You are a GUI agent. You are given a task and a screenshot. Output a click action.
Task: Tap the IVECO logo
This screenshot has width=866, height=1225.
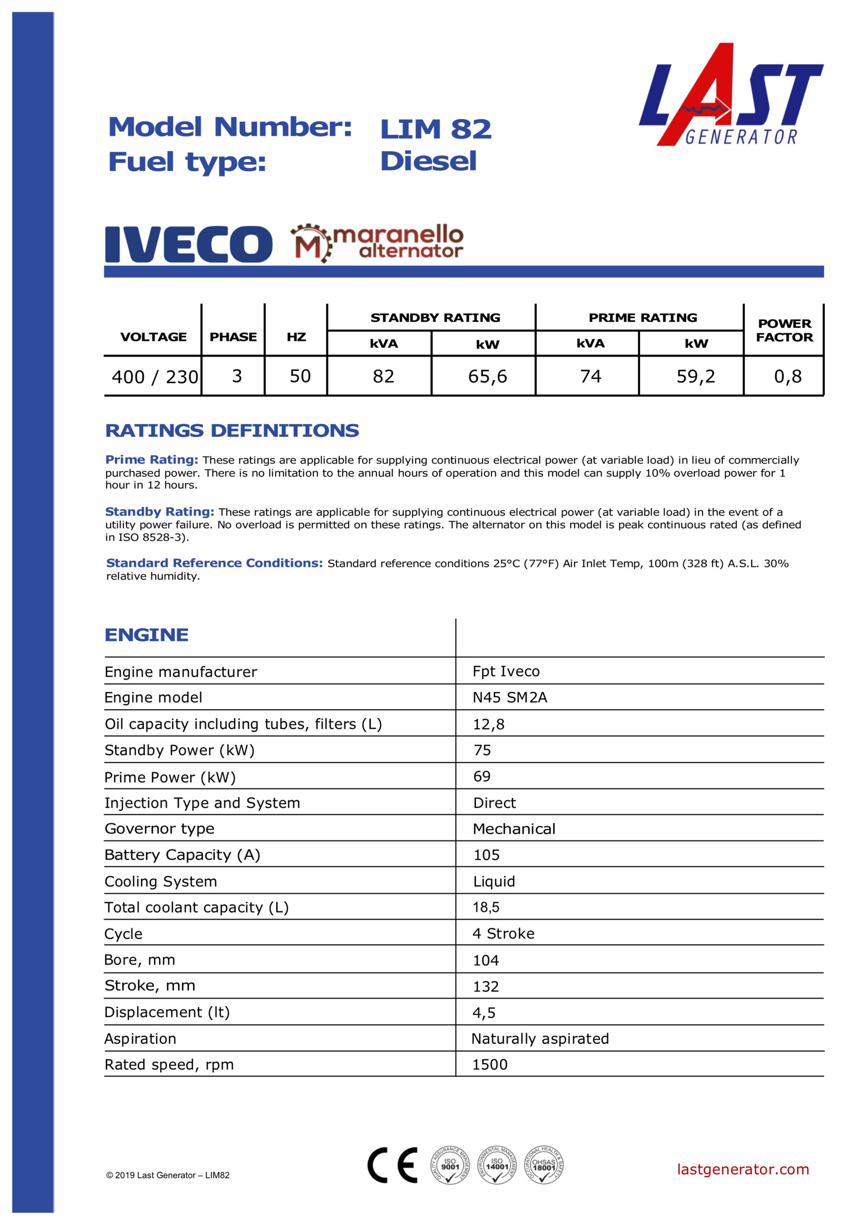point(189,244)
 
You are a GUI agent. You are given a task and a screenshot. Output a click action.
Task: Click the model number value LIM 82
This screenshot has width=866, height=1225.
point(435,129)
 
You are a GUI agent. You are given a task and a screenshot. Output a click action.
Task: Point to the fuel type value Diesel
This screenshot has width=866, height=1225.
point(428,161)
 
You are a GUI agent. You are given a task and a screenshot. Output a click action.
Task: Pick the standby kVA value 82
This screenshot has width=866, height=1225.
point(383,377)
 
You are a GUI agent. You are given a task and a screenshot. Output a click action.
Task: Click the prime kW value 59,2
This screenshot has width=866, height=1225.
point(695,377)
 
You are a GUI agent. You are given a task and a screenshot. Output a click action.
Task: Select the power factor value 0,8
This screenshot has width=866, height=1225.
point(788,377)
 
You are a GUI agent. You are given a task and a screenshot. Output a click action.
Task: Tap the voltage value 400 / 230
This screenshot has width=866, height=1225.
point(154,377)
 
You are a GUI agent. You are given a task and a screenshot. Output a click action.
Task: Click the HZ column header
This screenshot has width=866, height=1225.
point(296,337)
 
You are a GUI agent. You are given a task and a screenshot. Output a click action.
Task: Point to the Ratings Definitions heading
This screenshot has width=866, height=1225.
point(232,431)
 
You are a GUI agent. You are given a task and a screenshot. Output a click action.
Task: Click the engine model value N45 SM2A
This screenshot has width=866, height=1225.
point(510,697)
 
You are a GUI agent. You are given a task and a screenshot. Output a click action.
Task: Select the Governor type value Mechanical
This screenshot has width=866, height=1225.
point(514,829)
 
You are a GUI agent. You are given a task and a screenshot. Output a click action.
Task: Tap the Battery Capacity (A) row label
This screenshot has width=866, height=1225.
point(182,855)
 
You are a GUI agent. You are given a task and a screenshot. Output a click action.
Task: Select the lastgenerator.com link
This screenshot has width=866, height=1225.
point(743,1169)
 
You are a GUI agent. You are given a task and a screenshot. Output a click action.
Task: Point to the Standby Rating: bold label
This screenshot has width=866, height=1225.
point(159,512)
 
